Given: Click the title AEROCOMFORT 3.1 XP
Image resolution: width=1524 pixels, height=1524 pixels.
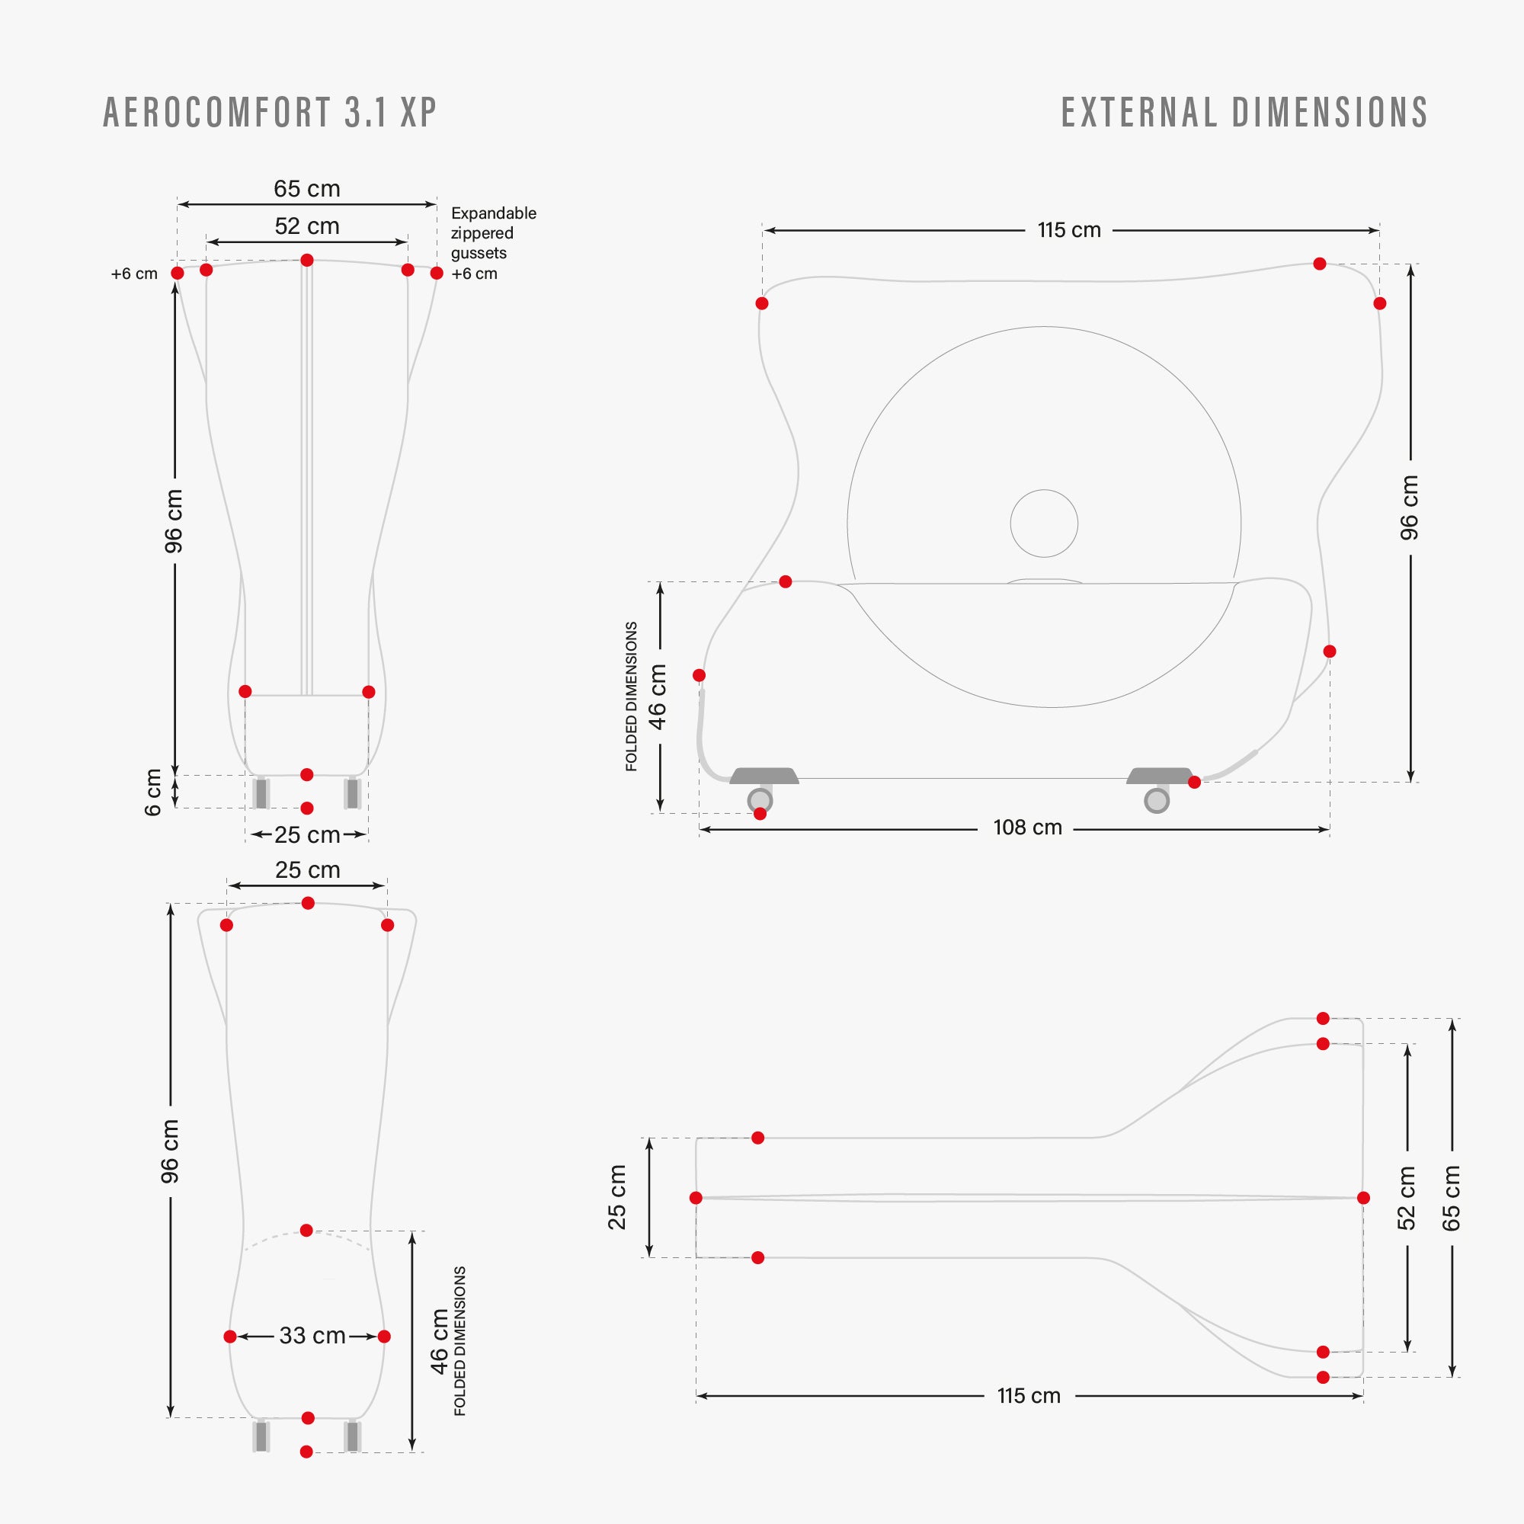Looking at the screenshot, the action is click(270, 112).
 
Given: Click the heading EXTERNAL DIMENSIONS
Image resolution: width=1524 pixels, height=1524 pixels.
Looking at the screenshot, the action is click(1245, 112).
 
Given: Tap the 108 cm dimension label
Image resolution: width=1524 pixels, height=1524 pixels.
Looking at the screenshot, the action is click(1027, 828).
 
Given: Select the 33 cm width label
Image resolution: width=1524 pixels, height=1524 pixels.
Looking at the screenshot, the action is click(312, 1336).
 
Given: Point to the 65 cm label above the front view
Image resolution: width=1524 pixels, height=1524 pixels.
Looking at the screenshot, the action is click(307, 188).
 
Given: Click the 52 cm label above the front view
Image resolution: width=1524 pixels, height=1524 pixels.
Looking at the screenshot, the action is click(307, 226).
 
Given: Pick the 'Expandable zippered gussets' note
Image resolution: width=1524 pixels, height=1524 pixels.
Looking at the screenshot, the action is click(494, 233).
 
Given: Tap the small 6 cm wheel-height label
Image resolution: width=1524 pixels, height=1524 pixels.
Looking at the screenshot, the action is click(153, 792).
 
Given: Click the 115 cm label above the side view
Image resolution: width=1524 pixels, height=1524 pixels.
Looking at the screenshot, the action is click(1069, 230).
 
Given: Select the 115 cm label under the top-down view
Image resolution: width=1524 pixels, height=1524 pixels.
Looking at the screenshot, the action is click(1029, 1395).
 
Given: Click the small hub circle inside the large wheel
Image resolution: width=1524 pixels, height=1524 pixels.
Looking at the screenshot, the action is click(1044, 523).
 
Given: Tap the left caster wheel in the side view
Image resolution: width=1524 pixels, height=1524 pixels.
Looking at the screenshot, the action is click(760, 800).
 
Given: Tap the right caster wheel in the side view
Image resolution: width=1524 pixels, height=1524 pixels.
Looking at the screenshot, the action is click(1157, 800).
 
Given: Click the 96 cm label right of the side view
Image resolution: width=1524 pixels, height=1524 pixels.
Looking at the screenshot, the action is click(1410, 507).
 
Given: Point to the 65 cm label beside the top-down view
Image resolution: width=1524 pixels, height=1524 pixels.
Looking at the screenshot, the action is click(1452, 1197).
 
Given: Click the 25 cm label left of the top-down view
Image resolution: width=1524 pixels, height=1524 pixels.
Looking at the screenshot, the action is click(617, 1197).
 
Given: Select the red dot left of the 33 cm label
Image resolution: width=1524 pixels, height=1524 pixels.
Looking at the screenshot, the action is click(229, 1337).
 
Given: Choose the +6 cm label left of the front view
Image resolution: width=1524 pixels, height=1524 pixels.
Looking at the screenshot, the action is click(134, 274).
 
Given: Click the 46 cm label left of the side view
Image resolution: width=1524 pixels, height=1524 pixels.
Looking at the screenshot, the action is click(657, 696).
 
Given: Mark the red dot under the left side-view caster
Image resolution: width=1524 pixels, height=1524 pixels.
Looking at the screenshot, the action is click(760, 813).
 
